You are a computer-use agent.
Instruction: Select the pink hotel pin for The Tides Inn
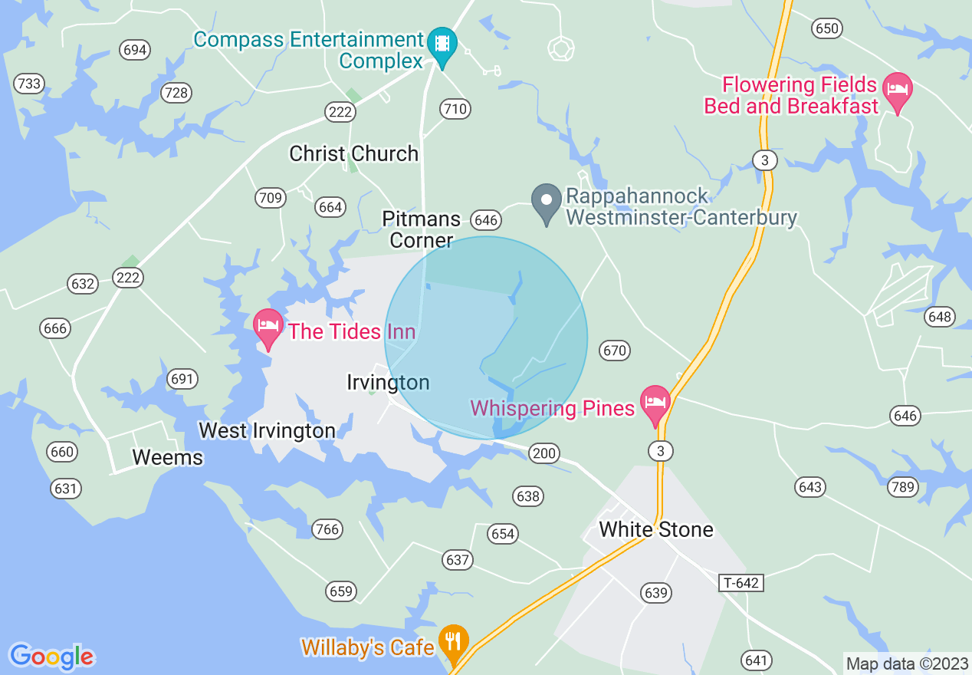click(268, 327)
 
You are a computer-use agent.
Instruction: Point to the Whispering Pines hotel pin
click(655, 403)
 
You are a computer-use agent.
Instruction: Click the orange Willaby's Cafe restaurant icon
click(454, 641)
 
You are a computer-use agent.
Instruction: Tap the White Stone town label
click(656, 529)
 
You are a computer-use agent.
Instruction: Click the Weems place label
click(167, 458)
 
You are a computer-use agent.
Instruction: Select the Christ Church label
click(353, 153)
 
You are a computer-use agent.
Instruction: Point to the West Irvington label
click(267, 431)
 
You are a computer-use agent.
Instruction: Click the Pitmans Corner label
click(422, 229)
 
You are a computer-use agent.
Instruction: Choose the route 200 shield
click(543, 453)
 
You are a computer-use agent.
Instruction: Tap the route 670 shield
click(615, 351)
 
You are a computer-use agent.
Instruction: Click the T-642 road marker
click(741, 583)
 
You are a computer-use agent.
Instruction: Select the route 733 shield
click(29, 84)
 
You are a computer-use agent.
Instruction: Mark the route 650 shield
click(827, 28)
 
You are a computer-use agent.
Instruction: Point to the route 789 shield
click(903, 486)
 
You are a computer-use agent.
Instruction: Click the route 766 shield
click(327, 529)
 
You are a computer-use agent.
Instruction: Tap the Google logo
click(52, 657)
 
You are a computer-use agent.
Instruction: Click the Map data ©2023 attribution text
click(907, 663)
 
